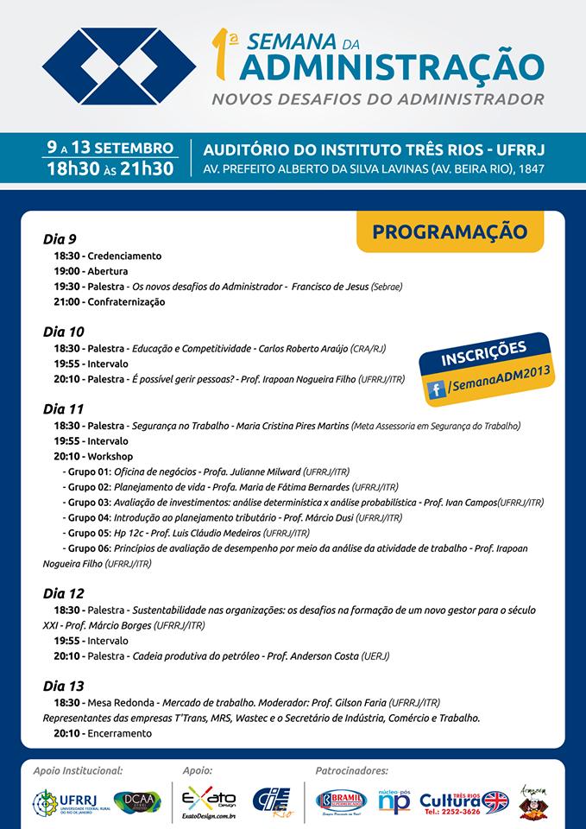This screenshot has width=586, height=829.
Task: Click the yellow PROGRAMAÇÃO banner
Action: tap(449, 231)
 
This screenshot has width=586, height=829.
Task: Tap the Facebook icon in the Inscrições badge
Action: tap(438, 389)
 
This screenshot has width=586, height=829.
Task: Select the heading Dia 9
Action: tap(60, 238)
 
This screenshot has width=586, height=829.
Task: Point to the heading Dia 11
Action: tap(63, 408)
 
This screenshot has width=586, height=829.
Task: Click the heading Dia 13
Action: tap(63, 686)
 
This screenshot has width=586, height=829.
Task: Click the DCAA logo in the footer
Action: tap(136, 801)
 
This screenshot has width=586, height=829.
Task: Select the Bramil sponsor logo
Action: tap(342, 801)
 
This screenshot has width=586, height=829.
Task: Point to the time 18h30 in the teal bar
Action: tap(75, 167)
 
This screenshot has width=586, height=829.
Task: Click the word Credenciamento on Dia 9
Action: tap(124, 256)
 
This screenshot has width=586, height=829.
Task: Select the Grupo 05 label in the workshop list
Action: tap(87, 533)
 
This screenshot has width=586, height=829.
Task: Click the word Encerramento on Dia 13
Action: tap(119, 733)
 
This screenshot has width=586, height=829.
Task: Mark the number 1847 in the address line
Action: tap(528, 168)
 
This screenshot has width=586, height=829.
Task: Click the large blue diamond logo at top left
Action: tap(107, 65)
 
